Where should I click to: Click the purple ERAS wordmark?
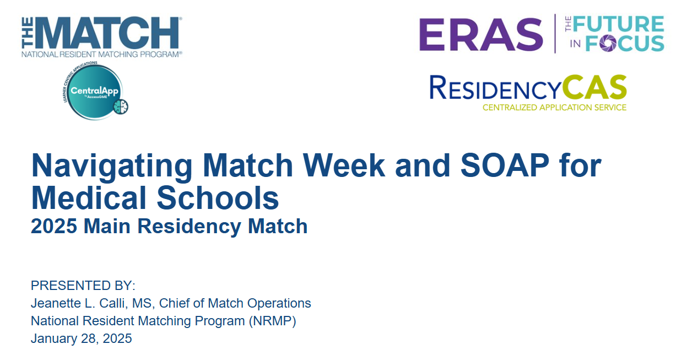coord(481,34)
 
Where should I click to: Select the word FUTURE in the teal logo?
coord(619,24)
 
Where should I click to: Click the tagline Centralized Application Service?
coord(554,108)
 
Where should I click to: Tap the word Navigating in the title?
coord(112,165)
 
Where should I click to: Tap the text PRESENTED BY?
coord(83,286)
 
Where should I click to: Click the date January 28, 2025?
coord(82,338)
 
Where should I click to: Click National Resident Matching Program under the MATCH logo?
coord(101,55)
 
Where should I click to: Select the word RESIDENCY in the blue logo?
coord(496,88)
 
